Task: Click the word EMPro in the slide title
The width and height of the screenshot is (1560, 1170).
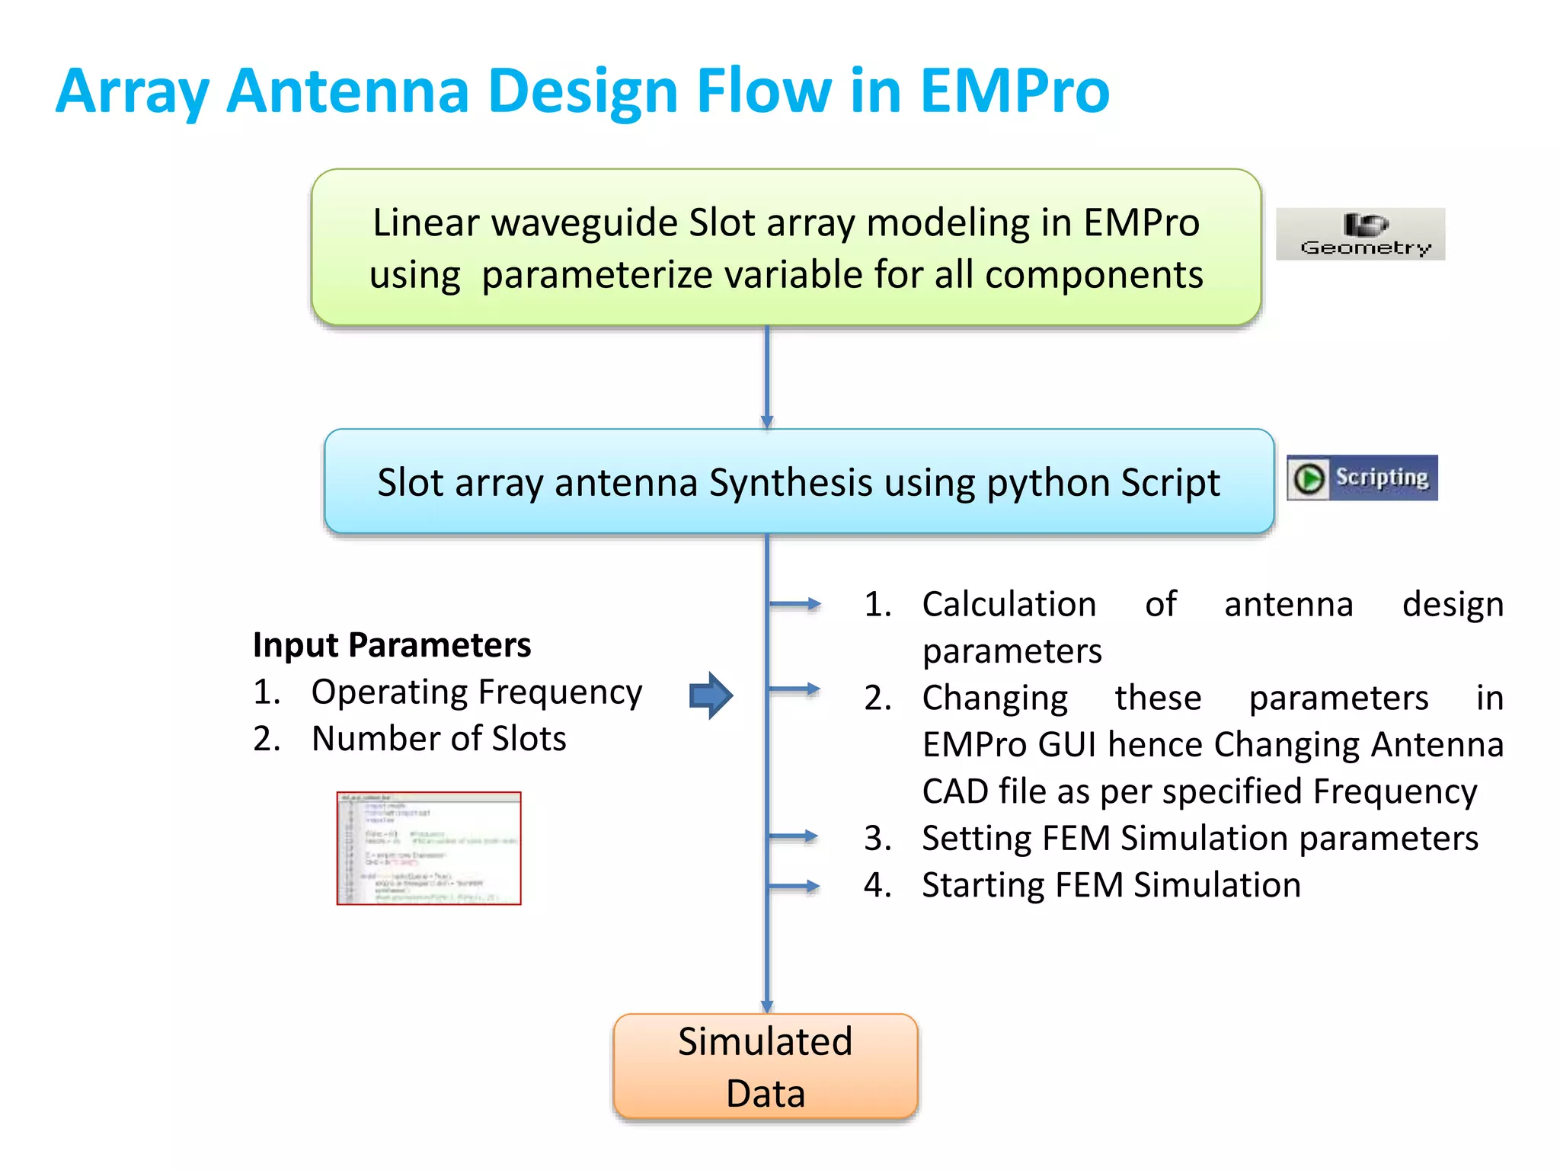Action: tap(1014, 91)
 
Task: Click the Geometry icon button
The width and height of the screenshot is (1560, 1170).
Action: tap(1360, 234)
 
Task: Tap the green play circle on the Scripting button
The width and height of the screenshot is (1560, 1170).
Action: tap(1309, 478)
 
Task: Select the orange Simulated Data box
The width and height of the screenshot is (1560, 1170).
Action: tap(765, 1066)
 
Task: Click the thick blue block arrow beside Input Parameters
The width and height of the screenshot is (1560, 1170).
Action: tap(710, 695)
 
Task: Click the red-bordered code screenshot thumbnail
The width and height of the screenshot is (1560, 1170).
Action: tap(429, 848)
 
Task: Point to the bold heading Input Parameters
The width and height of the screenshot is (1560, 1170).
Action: tap(392, 644)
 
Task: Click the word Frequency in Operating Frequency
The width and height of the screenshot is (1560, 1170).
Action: tap(560, 692)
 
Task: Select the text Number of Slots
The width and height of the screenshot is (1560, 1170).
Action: tap(439, 739)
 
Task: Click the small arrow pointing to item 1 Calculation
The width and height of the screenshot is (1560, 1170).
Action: tap(795, 604)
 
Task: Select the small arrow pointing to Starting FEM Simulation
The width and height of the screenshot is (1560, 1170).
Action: tap(795, 886)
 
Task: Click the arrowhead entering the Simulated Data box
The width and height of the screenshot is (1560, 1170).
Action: tap(767, 1006)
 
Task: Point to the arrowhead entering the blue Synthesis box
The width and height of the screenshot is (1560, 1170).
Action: tap(767, 421)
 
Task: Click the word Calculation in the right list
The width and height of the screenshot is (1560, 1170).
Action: tap(1009, 604)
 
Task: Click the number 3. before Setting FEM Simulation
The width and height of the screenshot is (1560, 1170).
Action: tap(877, 839)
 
